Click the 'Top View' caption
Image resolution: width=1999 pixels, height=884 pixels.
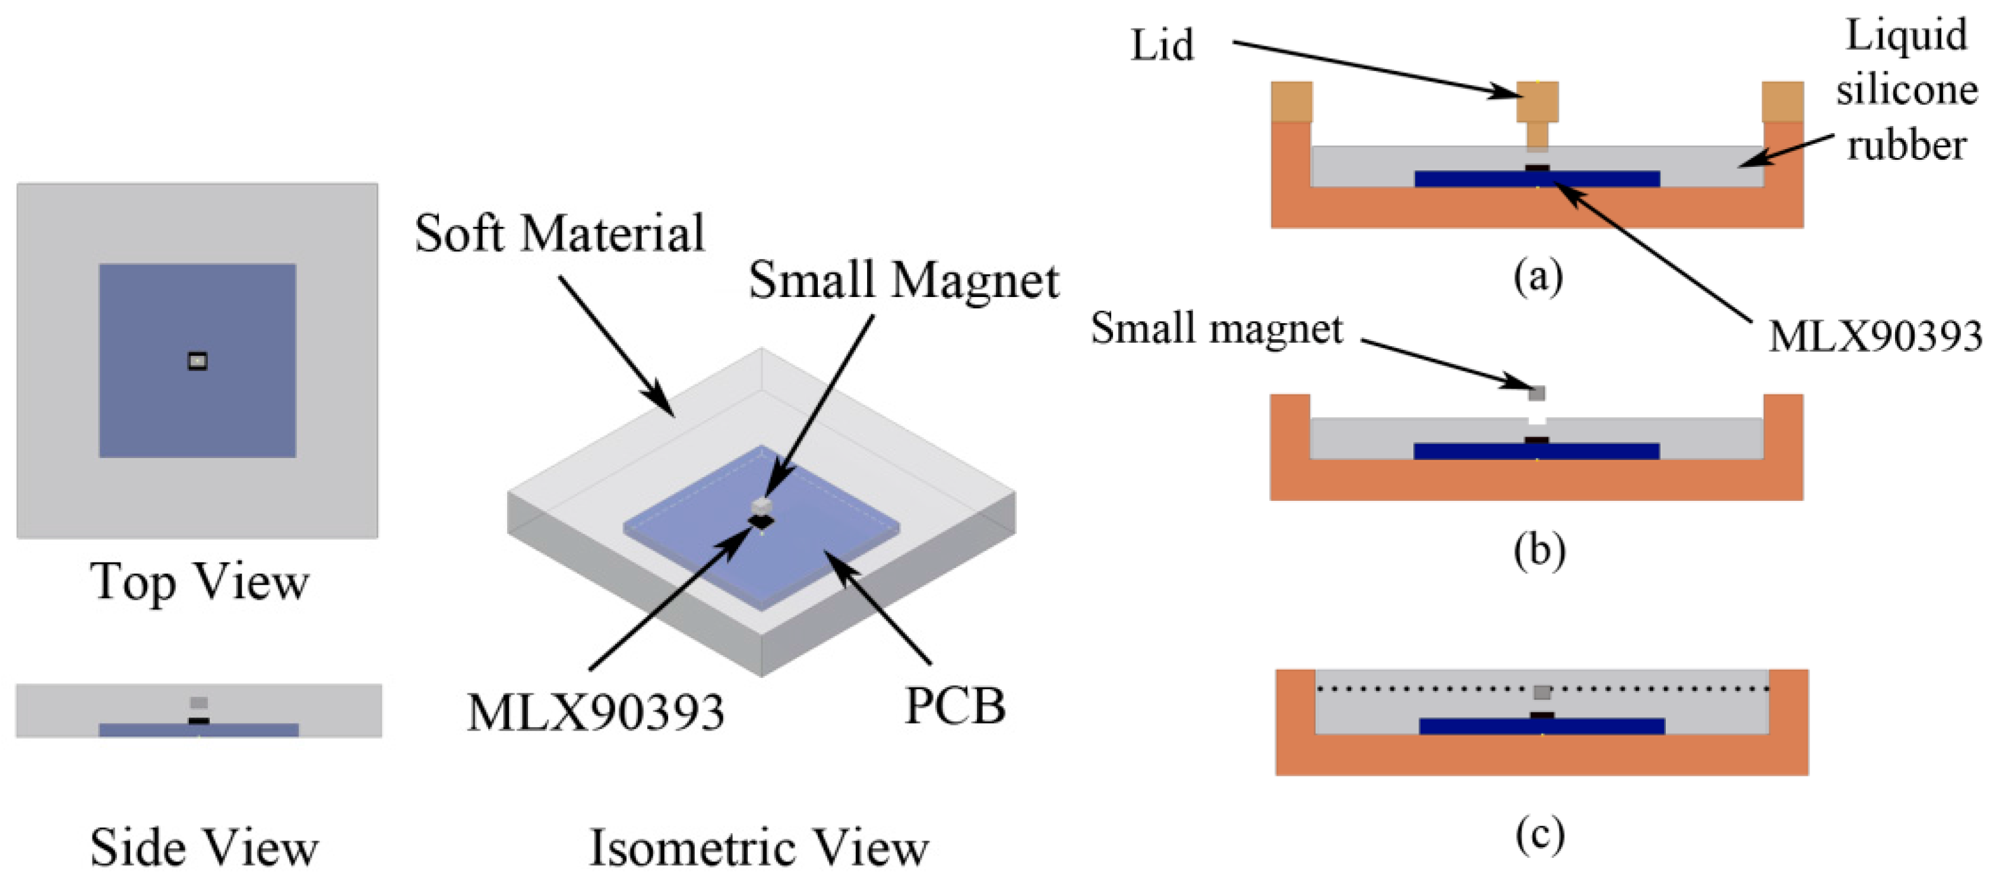point(200,582)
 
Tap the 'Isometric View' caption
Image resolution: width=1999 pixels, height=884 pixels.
point(759,848)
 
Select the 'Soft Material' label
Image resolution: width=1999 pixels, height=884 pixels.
point(559,233)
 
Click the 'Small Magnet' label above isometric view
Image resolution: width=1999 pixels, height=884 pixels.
point(903,280)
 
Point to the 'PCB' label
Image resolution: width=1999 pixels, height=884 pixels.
point(956,706)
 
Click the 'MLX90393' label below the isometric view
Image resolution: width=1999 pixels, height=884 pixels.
point(595,712)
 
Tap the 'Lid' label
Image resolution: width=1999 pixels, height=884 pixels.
point(1162,46)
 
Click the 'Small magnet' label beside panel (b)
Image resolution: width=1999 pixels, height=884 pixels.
point(1216,329)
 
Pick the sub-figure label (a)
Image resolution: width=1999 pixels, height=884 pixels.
point(1538,276)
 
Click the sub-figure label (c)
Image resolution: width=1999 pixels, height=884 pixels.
point(1539,836)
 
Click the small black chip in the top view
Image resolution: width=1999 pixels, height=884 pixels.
point(198,361)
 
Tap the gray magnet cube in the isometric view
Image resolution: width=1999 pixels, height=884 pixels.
point(762,507)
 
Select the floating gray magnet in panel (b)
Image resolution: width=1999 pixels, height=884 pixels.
point(1536,393)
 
